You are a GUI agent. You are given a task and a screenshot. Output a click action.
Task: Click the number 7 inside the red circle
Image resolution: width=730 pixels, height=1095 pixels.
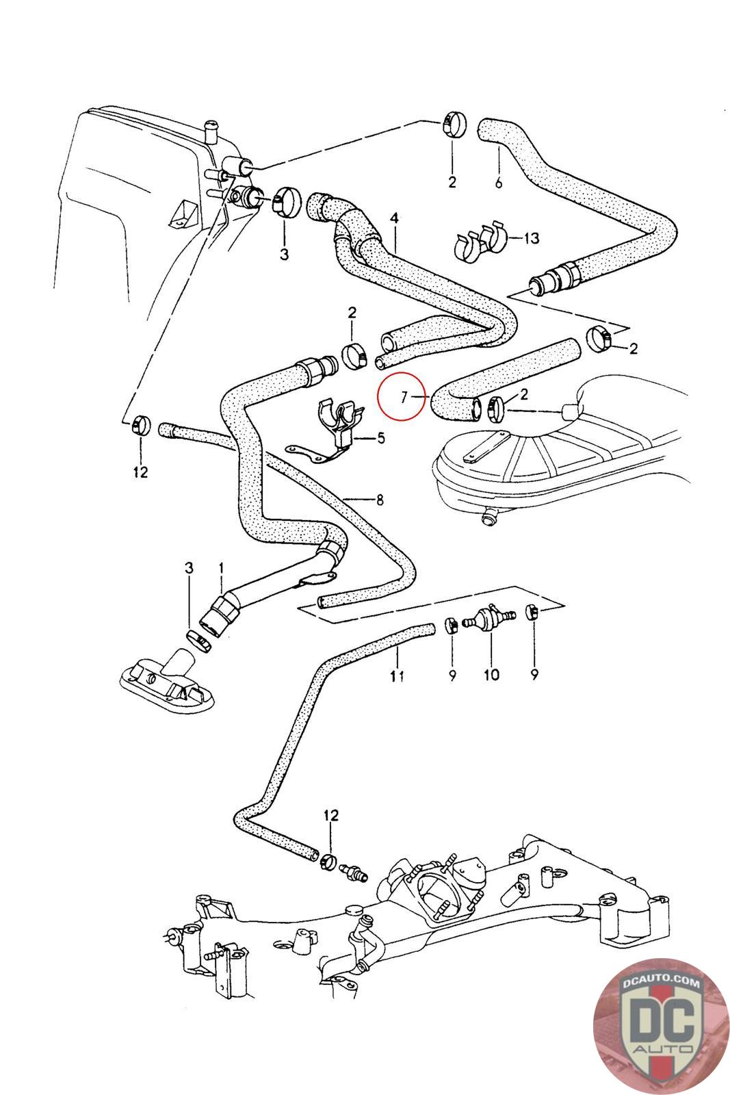[404, 396]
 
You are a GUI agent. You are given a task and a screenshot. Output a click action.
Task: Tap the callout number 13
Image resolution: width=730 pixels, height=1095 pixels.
[532, 238]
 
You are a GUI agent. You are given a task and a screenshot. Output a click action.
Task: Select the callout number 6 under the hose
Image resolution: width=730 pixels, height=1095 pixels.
[498, 183]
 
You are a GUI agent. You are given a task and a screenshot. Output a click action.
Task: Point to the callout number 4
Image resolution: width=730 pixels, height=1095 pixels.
[393, 218]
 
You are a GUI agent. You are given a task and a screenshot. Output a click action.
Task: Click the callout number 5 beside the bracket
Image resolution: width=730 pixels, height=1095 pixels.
[381, 437]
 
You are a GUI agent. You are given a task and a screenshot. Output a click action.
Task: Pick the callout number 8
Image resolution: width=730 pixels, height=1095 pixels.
[379, 500]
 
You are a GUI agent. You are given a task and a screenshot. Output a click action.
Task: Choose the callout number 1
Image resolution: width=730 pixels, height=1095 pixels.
[221, 567]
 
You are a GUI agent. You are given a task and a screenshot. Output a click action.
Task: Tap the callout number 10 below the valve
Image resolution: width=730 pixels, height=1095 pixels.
[491, 675]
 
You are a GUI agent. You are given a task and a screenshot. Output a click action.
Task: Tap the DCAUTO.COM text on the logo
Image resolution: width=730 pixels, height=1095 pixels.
[662, 983]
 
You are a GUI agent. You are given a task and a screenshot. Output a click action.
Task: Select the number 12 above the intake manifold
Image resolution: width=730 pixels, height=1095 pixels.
[331, 815]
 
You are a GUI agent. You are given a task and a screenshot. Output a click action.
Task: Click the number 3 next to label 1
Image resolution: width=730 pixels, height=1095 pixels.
[190, 567]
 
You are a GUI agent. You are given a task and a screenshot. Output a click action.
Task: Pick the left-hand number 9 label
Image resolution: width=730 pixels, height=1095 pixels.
[451, 675]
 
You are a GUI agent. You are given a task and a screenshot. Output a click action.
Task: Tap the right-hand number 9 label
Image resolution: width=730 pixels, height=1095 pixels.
[534, 675]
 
